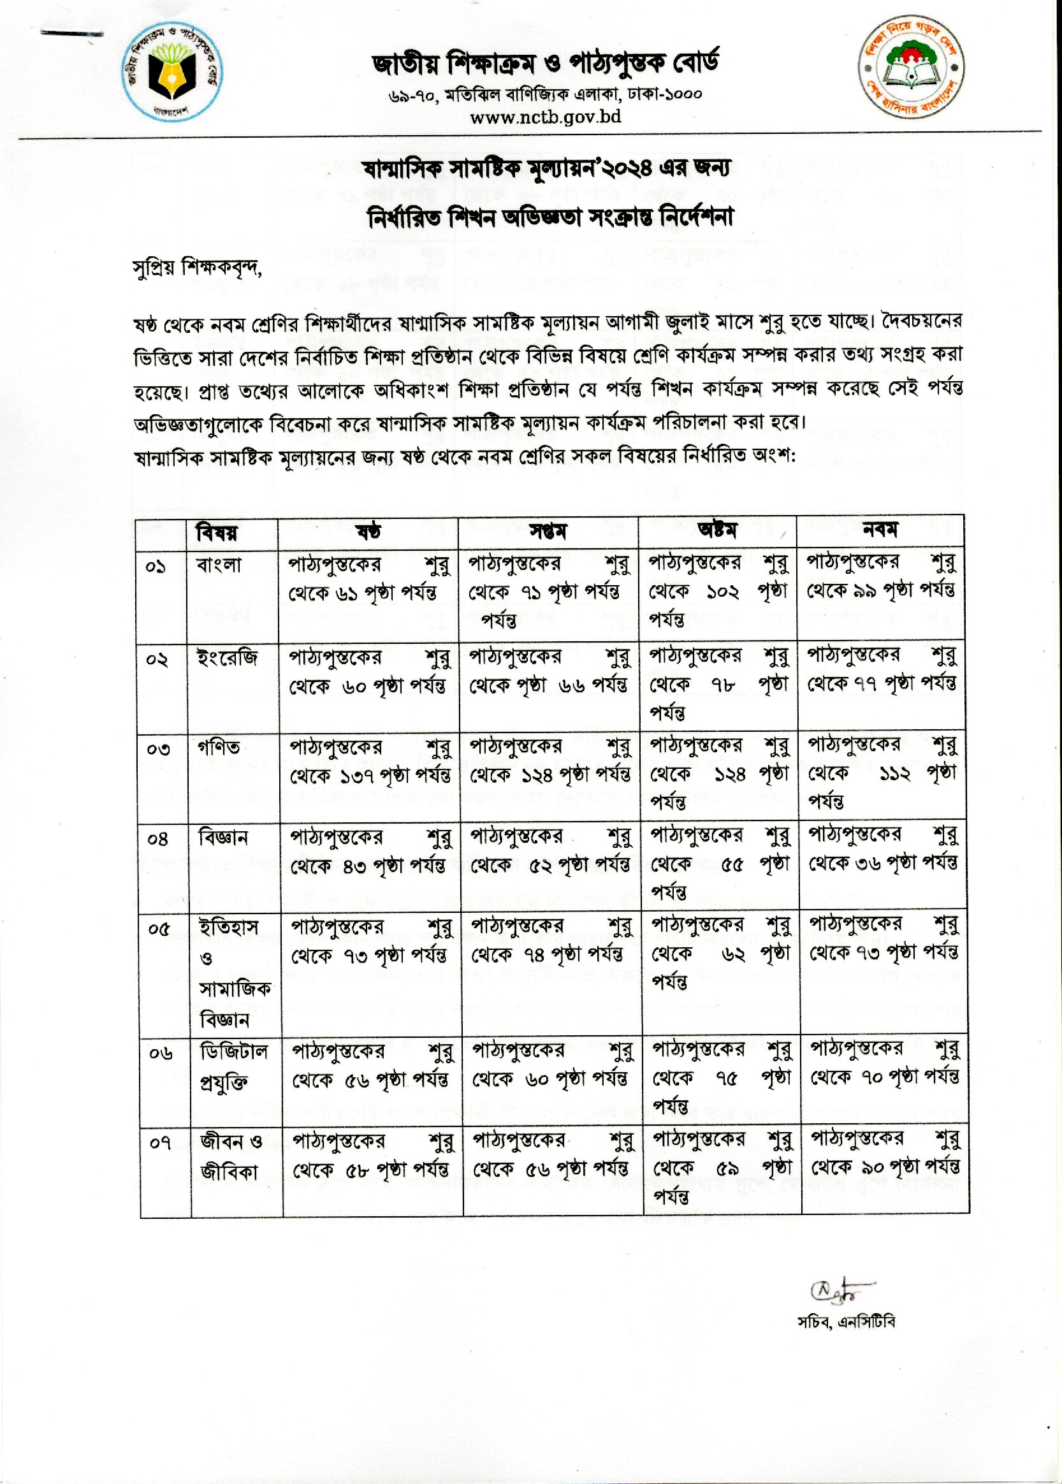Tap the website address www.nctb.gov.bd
click(546, 117)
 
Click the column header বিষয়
click(217, 533)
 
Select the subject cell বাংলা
click(219, 565)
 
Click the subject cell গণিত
click(219, 747)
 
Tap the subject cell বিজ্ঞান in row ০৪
click(223, 838)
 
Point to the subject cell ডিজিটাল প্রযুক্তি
click(233, 1067)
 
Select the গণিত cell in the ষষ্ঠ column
click(370, 761)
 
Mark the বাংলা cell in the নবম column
click(881, 577)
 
